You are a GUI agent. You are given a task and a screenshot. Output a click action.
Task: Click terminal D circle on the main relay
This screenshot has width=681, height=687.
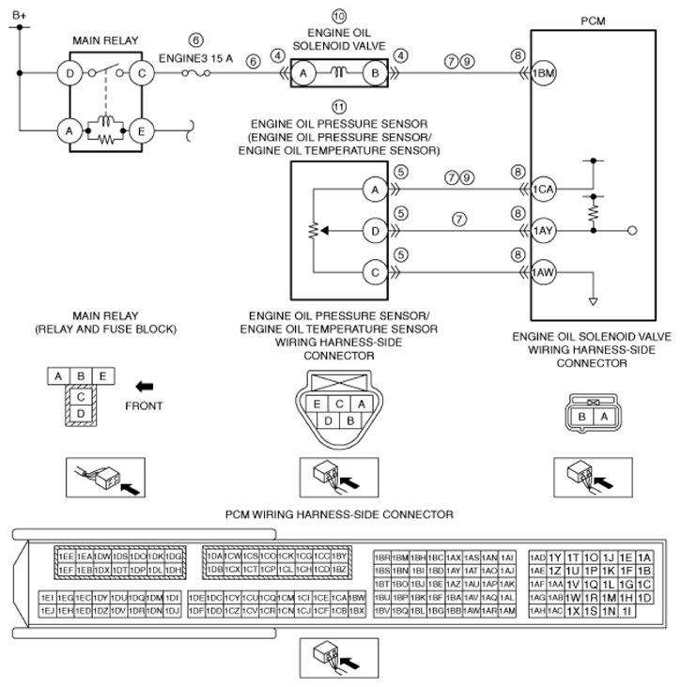(x=70, y=72)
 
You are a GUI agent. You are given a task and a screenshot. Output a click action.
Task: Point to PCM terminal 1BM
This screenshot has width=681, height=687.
(x=544, y=73)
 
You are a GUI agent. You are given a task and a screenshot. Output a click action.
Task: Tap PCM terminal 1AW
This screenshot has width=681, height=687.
(x=544, y=272)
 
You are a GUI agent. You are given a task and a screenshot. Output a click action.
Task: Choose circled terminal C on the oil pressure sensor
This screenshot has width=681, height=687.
(x=375, y=272)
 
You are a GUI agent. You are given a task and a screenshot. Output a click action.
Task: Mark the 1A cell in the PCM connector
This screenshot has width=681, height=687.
(x=644, y=557)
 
